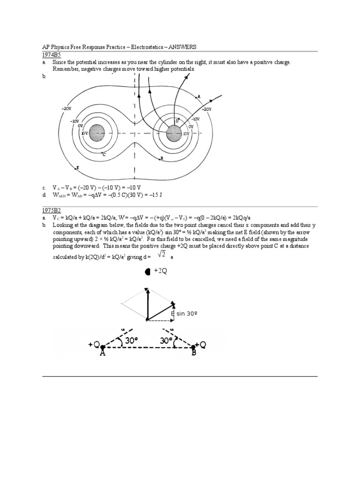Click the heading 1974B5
point(50,55)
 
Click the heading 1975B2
point(50,211)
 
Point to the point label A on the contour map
point(199,97)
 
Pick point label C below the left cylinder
point(104,154)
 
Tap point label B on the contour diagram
point(161,158)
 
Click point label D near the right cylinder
point(177,120)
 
